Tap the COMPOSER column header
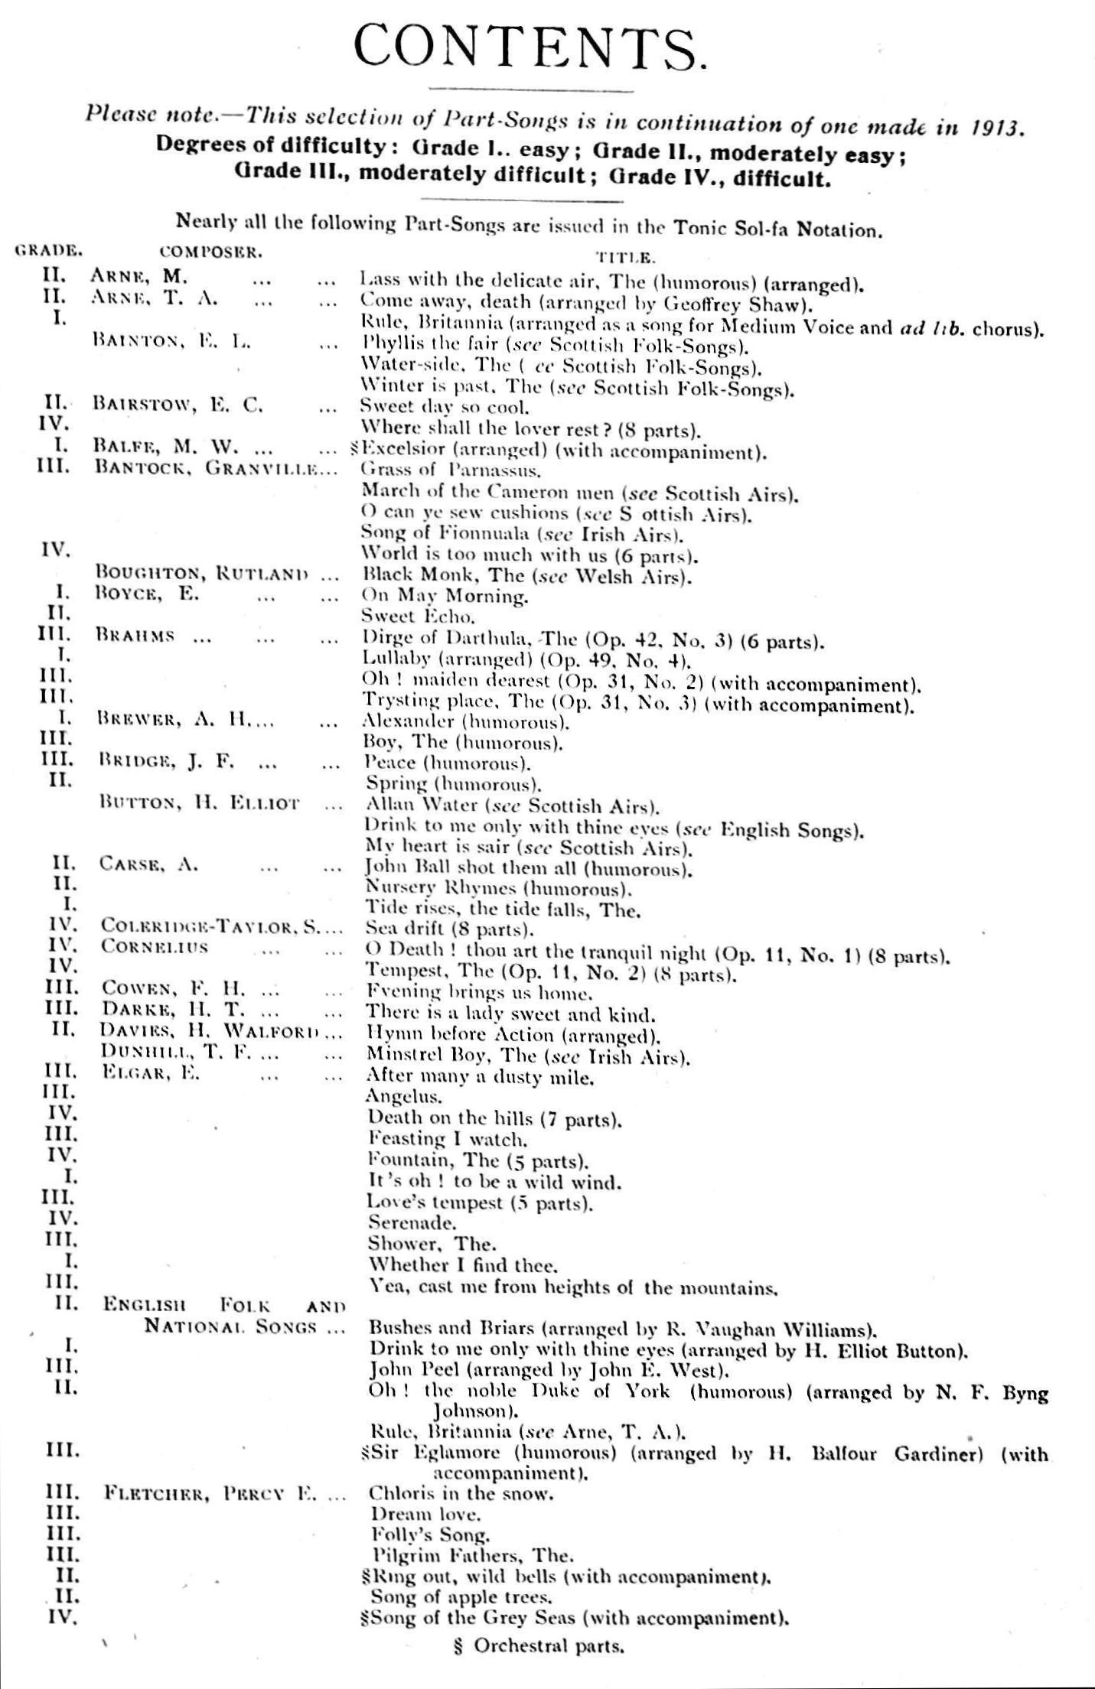tap(211, 250)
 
